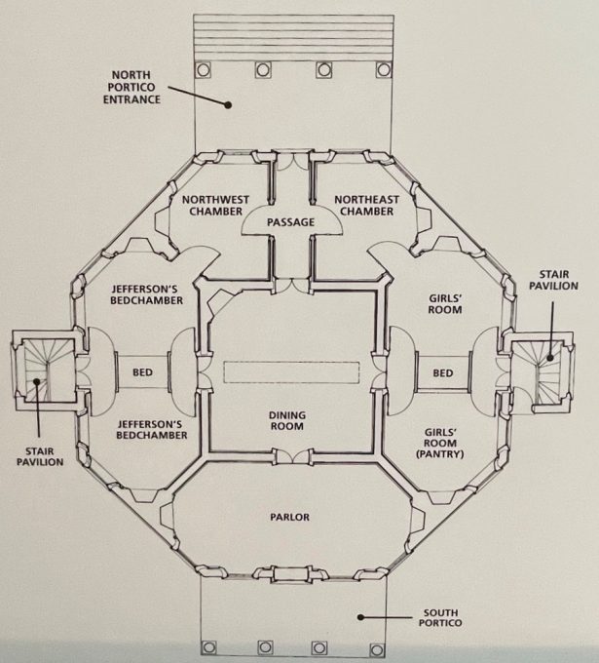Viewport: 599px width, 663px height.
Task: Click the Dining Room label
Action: pos(287,421)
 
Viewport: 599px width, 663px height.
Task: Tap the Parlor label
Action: pos(290,517)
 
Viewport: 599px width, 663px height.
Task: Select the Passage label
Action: pos(290,222)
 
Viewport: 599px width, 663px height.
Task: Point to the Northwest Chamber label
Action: pos(215,205)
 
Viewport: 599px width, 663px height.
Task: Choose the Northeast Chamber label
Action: pos(366,205)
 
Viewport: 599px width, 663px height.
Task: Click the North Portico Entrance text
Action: pos(131,87)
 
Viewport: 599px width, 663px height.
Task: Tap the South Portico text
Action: pos(440,617)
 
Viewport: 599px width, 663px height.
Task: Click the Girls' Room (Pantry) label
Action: pos(440,443)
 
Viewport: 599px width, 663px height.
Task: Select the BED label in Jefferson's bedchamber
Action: pos(142,372)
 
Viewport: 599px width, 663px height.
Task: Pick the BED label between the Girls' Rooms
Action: pos(443,372)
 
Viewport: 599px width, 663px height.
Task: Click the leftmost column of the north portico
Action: pos(203,69)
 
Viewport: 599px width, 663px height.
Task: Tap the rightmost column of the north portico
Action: pos(384,69)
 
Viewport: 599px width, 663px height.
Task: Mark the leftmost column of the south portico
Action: pos(208,647)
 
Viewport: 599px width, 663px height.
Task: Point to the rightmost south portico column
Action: pos(377,649)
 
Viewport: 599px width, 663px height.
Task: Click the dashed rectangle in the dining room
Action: pos(291,372)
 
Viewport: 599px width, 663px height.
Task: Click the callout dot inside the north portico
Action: pos(228,105)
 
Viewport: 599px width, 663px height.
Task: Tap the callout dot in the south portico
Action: pos(360,617)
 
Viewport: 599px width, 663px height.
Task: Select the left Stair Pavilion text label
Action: pos(40,456)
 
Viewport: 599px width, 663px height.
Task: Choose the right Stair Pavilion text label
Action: pos(553,280)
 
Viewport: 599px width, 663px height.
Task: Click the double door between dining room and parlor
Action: pos(291,456)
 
